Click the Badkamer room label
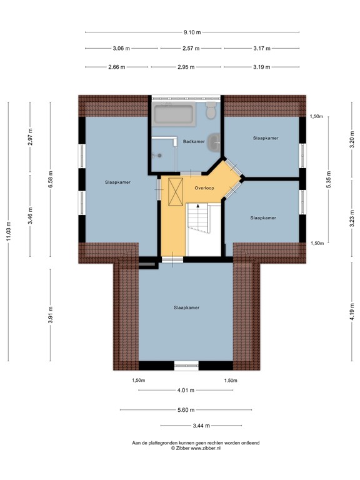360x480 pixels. pyautogui.click(x=194, y=142)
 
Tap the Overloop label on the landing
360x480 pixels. pyautogui.click(x=204, y=187)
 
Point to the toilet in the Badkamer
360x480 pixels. pyautogui.click(x=211, y=111)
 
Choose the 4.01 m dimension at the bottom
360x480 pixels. pyautogui.click(x=186, y=391)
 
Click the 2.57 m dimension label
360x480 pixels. pyautogui.click(x=191, y=48)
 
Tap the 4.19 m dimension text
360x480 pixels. pyautogui.click(x=352, y=311)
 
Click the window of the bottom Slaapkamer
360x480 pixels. pyautogui.click(x=186, y=366)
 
